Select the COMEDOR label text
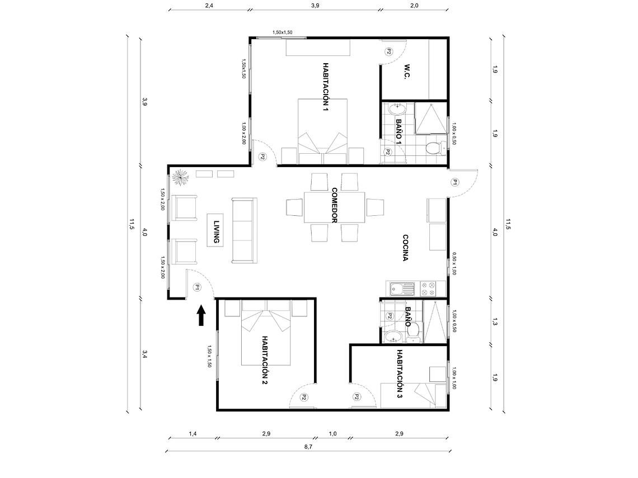(334, 205)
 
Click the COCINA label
(405, 247)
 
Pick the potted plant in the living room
(181, 178)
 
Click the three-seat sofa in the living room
(244, 230)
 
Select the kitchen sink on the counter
(401, 289)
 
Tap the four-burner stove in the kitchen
(428, 289)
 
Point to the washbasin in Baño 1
(398, 107)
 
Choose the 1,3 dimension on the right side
(495, 322)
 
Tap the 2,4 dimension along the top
(208, 6)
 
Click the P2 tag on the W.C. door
(388, 51)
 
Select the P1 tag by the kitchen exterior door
(455, 182)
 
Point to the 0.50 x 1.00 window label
(454, 263)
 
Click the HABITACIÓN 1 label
(325, 87)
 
